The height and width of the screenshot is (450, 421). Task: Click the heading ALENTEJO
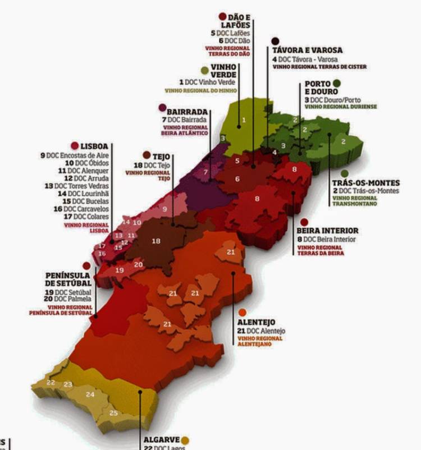[x=256, y=322]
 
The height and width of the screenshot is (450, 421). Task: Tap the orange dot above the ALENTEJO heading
[x=242, y=312]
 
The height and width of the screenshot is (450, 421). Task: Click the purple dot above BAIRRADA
[x=163, y=107]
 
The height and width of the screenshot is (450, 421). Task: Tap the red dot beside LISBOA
[x=75, y=145]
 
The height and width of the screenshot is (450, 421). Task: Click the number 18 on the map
[x=156, y=241]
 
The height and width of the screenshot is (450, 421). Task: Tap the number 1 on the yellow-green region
[x=244, y=120]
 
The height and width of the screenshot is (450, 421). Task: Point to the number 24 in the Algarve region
[x=90, y=394]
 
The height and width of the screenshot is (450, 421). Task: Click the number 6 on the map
[x=237, y=179]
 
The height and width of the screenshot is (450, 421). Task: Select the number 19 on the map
[x=119, y=270]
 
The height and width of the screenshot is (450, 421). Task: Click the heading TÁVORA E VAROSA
[x=307, y=50]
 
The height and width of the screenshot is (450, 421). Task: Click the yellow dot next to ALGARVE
[x=186, y=440]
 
